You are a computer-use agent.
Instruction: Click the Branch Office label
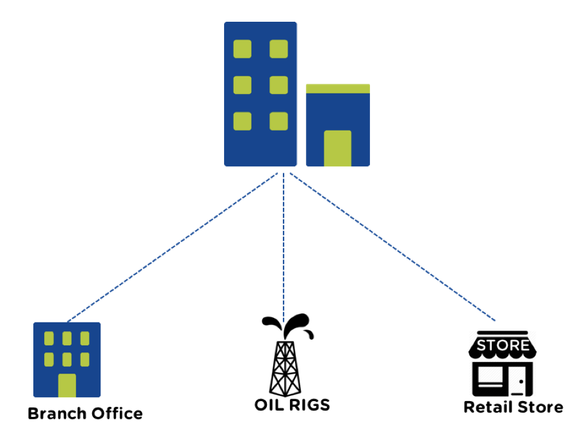click(x=85, y=413)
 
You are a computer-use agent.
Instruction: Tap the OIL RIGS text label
click(x=292, y=404)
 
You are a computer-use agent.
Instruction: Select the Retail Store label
click(x=513, y=407)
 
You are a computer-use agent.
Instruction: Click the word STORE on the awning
click(x=503, y=346)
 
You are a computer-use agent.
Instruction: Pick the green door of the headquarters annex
click(x=337, y=148)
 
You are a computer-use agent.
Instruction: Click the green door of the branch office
click(x=67, y=385)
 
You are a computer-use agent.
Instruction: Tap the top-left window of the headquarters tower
click(x=242, y=49)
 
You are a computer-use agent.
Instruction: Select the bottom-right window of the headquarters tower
click(x=278, y=121)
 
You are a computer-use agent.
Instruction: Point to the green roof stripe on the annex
click(x=338, y=88)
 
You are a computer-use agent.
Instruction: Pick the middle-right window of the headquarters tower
click(x=278, y=85)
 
